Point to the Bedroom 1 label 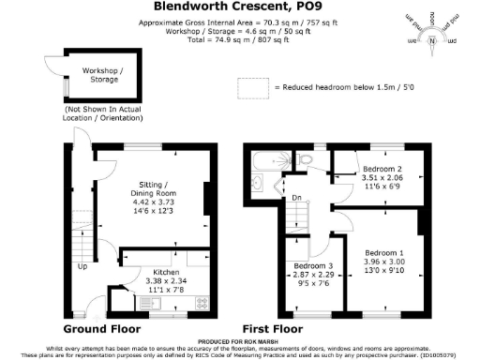[x=384, y=252]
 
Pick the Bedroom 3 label [x=311, y=266]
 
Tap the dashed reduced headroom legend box [x=252, y=87]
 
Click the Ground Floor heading [x=101, y=330]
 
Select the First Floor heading [x=273, y=330]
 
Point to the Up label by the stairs [x=82, y=265]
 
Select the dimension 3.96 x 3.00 [x=384, y=262]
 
